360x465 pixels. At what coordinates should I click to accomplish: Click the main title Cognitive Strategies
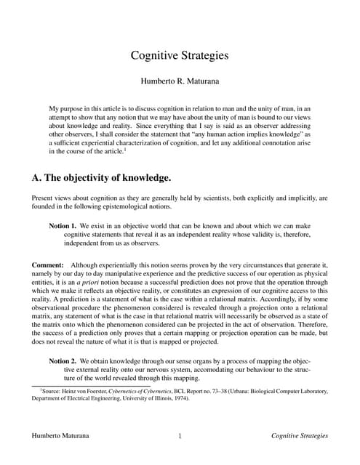[180, 54]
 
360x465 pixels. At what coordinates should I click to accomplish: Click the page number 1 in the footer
[180, 436]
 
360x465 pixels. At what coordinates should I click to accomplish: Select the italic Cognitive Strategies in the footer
[300, 436]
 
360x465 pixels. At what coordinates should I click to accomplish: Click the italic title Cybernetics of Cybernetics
[163, 391]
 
